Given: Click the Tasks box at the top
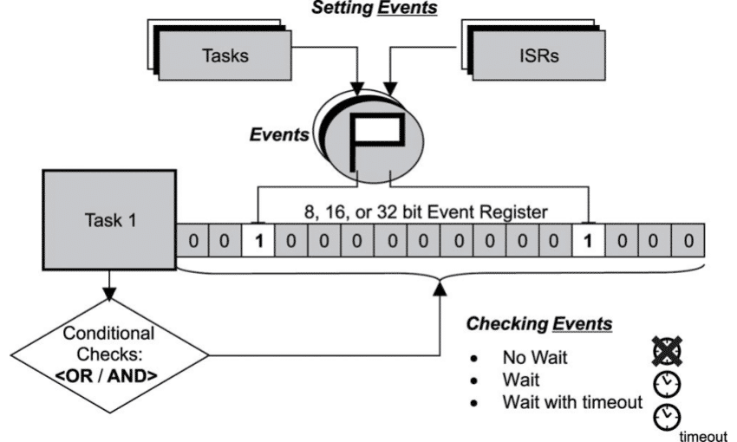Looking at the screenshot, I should (x=225, y=55).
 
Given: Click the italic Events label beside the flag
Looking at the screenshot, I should (x=277, y=135).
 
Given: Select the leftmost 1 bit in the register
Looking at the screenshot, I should (x=257, y=239).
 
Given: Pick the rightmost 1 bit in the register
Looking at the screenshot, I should (x=587, y=239).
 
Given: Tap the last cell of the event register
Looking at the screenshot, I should (x=687, y=239).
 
